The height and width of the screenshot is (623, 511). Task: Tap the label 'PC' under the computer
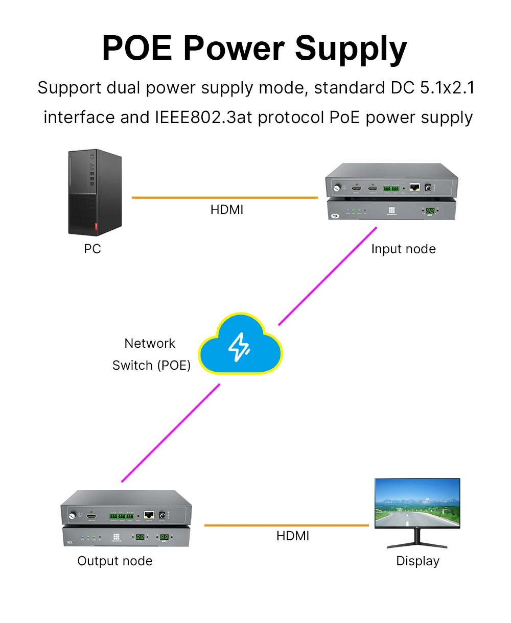point(92,249)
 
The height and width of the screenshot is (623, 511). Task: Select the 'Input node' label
point(403,249)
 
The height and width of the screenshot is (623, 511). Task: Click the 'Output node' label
point(115,561)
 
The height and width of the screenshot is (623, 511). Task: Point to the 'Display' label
point(417,561)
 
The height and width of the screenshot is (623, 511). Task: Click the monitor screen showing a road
point(417,503)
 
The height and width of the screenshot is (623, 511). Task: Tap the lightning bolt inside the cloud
point(239,347)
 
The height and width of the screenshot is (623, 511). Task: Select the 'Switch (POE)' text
point(151,366)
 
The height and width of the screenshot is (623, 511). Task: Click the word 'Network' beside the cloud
point(150,344)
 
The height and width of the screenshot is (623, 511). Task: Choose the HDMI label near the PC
point(227,210)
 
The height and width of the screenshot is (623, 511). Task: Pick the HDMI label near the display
point(293,536)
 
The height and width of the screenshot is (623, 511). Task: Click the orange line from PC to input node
point(225,197)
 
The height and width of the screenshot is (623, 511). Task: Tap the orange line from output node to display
point(286,525)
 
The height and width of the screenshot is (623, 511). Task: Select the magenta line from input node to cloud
point(327,276)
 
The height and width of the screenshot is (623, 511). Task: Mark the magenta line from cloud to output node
point(171,433)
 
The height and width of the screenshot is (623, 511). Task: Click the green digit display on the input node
point(430,210)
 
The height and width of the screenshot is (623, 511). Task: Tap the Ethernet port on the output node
point(149,515)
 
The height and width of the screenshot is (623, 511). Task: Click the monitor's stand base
point(417,545)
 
